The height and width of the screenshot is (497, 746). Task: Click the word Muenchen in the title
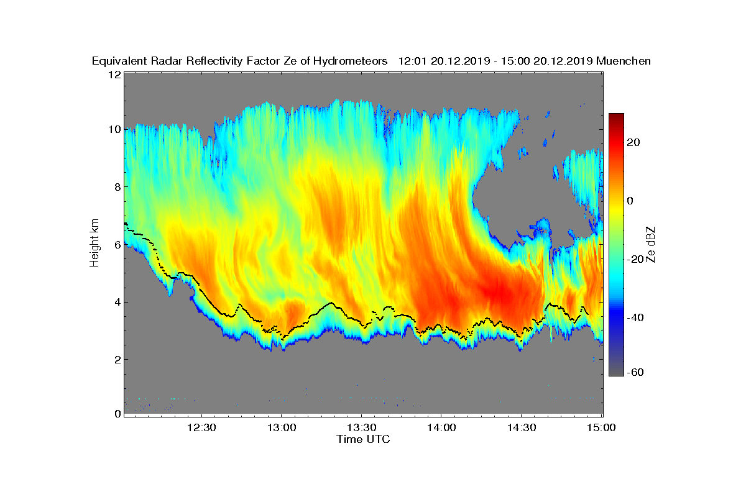(624, 61)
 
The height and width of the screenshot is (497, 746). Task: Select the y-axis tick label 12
(114, 75)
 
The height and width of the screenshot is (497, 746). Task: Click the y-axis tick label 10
(114, 130)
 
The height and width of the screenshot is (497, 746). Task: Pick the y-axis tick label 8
(117, 187)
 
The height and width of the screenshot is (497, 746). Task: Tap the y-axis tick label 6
(117, 245)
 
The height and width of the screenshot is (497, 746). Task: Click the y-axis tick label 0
(117, 414)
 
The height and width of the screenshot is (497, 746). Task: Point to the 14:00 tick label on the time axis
(441, 428)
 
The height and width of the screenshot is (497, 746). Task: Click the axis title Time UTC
(364, 439)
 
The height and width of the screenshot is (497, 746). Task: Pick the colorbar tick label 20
(634, 143)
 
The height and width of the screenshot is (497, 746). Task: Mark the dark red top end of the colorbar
(616, 116)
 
